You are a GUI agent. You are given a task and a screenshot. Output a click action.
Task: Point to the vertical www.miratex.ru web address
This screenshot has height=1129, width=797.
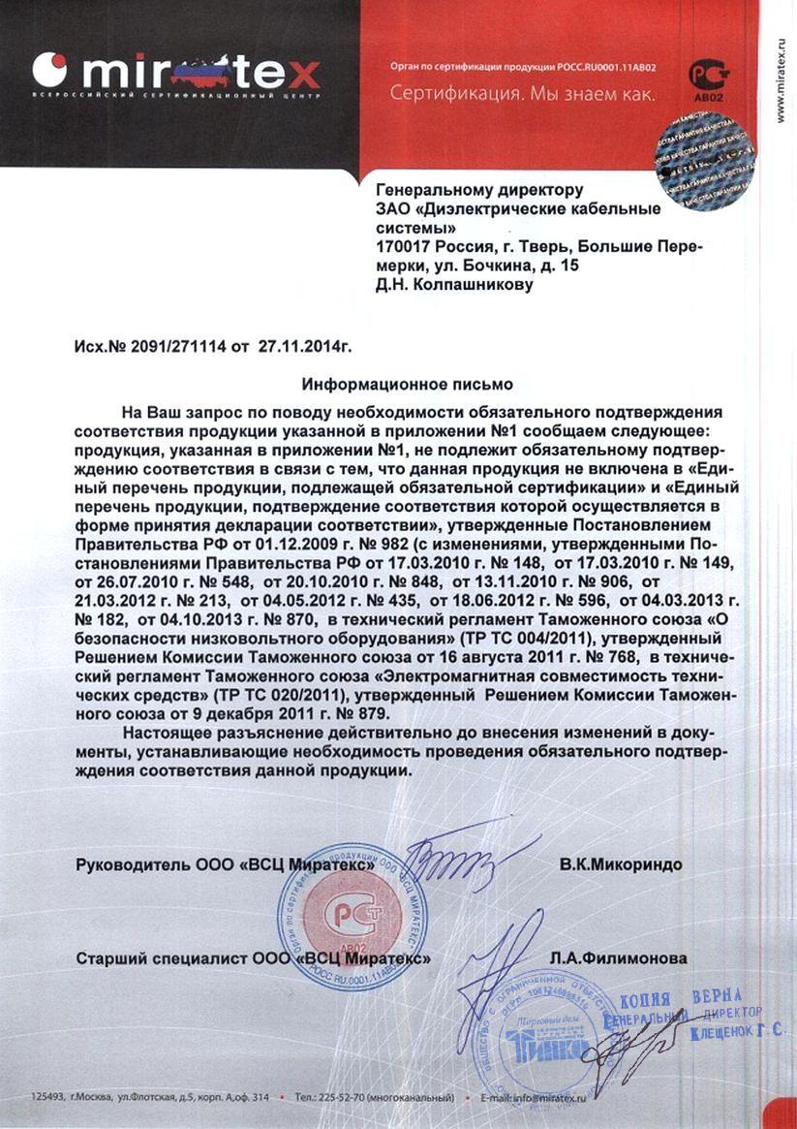[x=781, y=74]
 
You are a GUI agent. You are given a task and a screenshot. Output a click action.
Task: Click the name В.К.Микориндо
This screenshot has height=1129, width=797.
[x=621, y=863]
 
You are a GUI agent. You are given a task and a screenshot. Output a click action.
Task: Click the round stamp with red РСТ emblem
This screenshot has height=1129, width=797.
[x=353, y=916]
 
